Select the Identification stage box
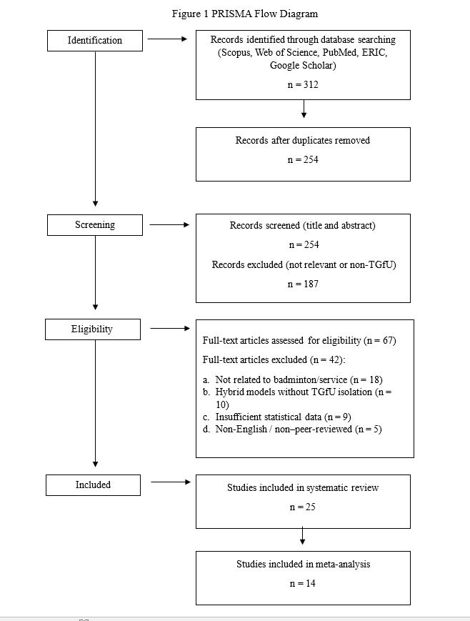click(x=94, y=41)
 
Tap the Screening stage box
click(x=94, y=225)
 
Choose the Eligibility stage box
click(x=93, y=329)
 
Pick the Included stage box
click(x=93, y=485)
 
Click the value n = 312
click(x=303, y=85)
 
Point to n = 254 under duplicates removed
click(x=303, y=159)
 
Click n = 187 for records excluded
click(x=303, y=284)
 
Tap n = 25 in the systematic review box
click(x=303, y=507)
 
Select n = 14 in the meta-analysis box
click(x=303, y=583)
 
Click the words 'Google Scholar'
click(x=303, y=65)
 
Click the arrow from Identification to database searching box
click(x=167, y=39)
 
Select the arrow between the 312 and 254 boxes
click(x=304, y=109)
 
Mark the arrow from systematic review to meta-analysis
click(x=303, y=535)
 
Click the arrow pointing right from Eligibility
click(x=170, y=328)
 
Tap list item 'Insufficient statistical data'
click(x=276, y=417)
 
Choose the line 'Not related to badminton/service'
click(x=293, y=379)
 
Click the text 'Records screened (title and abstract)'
click(x=303, y=226)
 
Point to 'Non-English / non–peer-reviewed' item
click(x=292, y=429)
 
